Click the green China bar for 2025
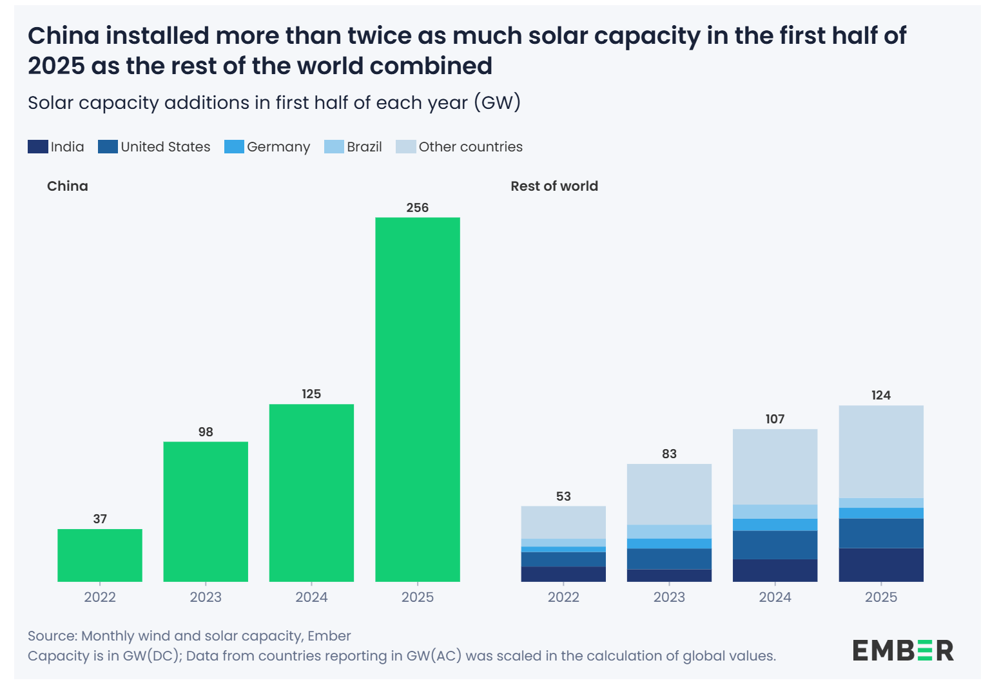(x=418, y=400)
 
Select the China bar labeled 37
(x=100, y=555)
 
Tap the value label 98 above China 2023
(x=206, y=432)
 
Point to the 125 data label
(x=311, y=394)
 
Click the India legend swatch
(x=38, y=147)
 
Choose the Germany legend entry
(x=267, y=147)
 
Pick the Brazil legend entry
(x=354, y=147)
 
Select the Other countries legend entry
(x=460, y=147)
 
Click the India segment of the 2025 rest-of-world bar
(x=881, y=565)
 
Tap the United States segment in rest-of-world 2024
(x=775, y=545)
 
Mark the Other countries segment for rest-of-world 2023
(x=670, y=494)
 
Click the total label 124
(x=881, y=395)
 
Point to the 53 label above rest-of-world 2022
(x=563, y=496)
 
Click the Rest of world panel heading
(x=554, y=186)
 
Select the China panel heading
(x=68, y=186)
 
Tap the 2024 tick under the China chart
(x=311, y=597)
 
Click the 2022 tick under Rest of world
(x=563, y=597)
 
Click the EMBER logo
(x=903, y=651)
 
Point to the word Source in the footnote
(x=52, y=636)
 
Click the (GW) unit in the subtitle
(x=497, y=103)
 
